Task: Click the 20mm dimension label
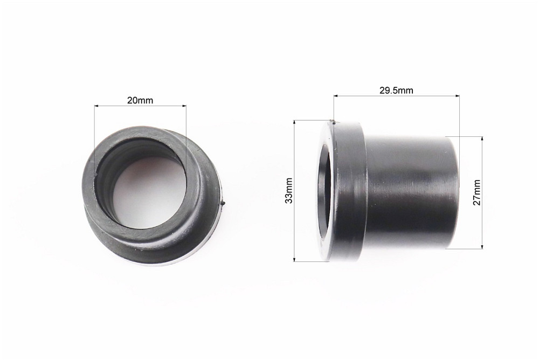[140, 100]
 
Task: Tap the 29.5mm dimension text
[396, 91]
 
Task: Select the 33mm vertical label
[289, 190]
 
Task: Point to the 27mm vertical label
[477, 192]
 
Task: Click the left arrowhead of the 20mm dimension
[96, 106]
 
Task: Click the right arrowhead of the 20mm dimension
[184, 106]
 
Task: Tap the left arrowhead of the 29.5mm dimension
[336, 96]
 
